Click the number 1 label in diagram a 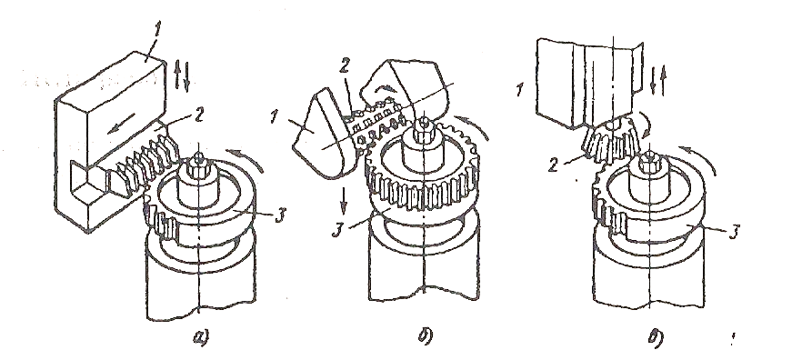tap(158, 30)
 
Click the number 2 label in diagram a tap(198, 116)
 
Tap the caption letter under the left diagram tap(200, 336)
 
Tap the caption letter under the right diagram tap(654, 336)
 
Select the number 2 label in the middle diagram tap(346, 69)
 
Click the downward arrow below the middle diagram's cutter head tap(344, 200)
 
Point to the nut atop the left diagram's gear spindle tap(199, 162)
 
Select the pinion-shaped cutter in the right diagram tap(608, 142)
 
